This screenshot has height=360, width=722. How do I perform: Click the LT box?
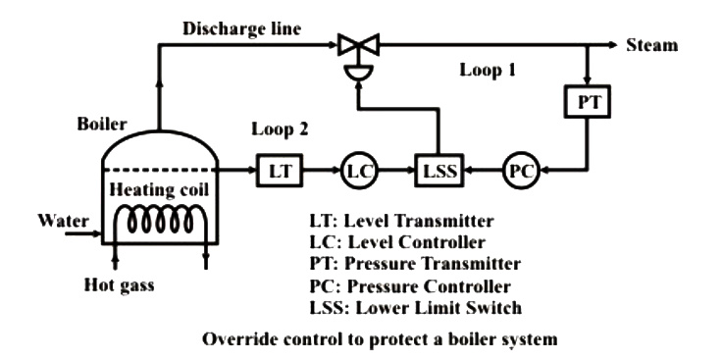click(x=280, y=171)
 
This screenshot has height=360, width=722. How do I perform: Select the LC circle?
click(x=359, y=171)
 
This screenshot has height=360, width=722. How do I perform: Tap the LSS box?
click(x=438, y=171)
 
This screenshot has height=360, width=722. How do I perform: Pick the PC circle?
click(x=521, y=171)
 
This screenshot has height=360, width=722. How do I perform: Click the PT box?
click(x=587, y=102)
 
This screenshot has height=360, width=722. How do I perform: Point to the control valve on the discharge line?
click(x=358, y=54)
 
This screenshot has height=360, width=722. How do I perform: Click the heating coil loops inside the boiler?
click(x=159, y=222)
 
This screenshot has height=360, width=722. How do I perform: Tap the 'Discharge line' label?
click(x=241, y=28)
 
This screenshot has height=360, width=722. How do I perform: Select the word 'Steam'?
click(x=652, y=45)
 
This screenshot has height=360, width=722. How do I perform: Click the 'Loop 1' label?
click(x=488, y=71)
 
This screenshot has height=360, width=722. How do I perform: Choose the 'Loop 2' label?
click(x=279, y=129)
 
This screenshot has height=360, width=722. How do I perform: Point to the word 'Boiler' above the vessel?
click(x=102, y=124)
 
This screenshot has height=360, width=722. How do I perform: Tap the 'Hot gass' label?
click(x=119, y=285)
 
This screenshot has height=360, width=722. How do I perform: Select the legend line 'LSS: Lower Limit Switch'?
click(x=416, y=307)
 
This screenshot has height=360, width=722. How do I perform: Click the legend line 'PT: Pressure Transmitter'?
click(x=415, y=264)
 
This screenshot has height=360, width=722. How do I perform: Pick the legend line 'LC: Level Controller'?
click(x=398, y=241)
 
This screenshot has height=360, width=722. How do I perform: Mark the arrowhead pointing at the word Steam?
click(x=612, y=45)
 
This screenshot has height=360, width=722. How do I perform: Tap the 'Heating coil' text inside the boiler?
click(x=159, y=189)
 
